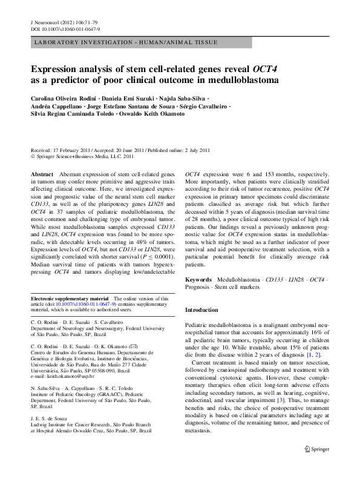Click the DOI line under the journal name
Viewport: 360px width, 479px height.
pos(65,28)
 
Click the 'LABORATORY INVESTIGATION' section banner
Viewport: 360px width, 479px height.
pos(123,42)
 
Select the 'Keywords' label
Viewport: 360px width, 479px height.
pos(198,280)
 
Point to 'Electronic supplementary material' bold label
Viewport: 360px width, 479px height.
pos(70,299)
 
